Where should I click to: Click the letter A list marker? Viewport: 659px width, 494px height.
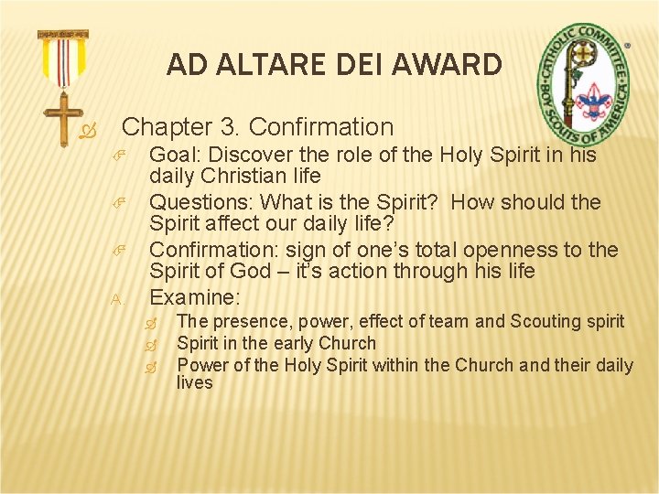point(116,299)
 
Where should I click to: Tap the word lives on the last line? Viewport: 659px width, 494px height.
point(194,382)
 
